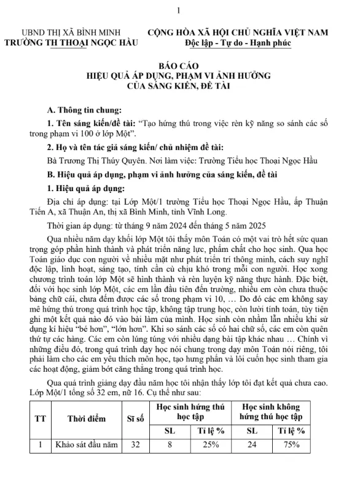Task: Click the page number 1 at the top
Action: (178, 10)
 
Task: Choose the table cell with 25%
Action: (211, 446)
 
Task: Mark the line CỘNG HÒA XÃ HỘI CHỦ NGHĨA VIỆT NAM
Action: (238, 33)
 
